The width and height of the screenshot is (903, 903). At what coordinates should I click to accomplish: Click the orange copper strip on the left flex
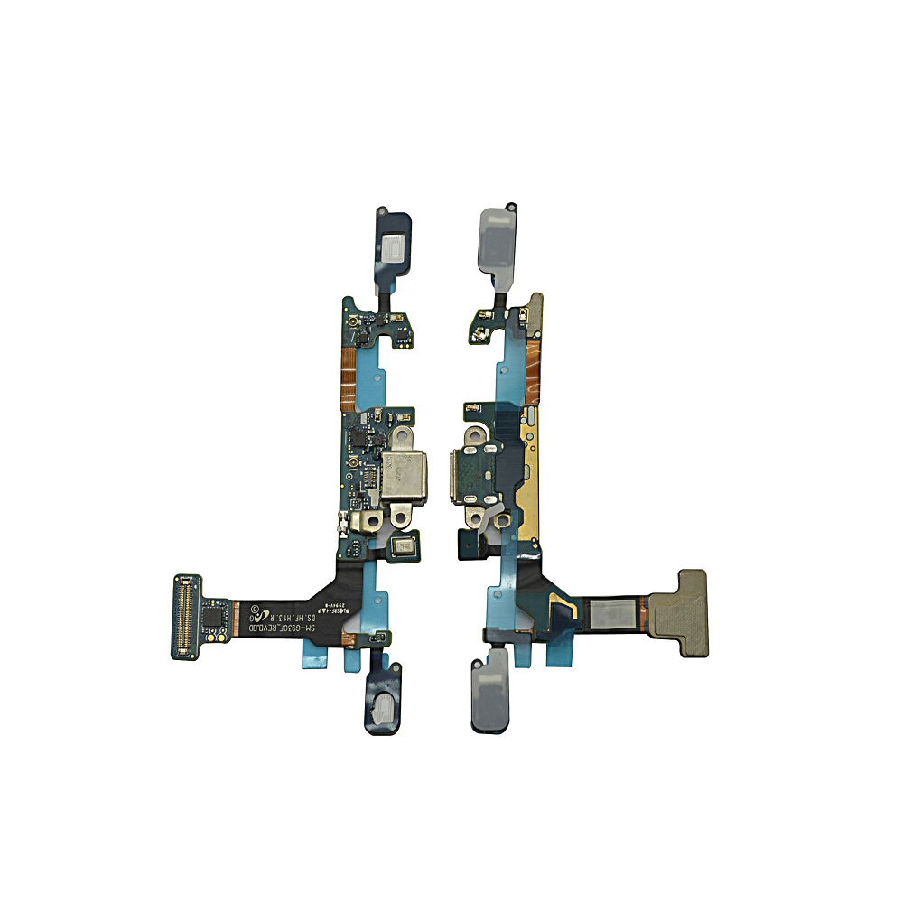(346, 370)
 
